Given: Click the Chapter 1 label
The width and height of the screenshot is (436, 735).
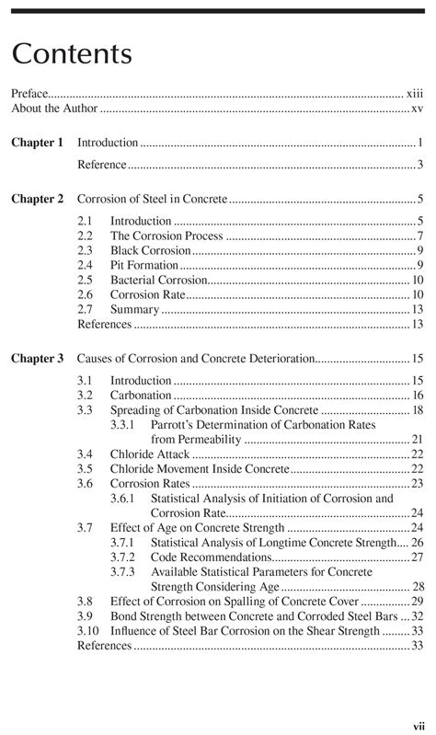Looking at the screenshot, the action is [x=37, y=143].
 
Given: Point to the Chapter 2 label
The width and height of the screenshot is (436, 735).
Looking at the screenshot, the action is [x=37, y=199].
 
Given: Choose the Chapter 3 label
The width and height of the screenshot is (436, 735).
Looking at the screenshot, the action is [x=37, y=358].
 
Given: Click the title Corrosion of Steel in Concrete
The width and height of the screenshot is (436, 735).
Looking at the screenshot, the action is [x=151, y=199].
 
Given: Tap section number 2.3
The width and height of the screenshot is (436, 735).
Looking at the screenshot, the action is [x=86, y=250].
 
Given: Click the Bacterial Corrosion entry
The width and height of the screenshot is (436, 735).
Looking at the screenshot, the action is [x=158, y=280].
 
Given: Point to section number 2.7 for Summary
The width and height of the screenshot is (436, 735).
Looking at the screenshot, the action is [x=86, y=309].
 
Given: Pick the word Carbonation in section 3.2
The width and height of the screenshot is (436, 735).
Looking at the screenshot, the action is [x=142, y=396].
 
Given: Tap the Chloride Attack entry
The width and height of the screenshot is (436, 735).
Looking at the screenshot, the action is [x=149, y=454].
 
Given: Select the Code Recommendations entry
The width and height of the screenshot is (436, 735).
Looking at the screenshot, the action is [x=211, y=557].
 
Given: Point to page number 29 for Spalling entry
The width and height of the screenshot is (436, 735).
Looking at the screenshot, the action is [x=417, y=602].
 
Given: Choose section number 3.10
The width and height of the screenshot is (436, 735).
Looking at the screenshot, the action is [x=88, y=631].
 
